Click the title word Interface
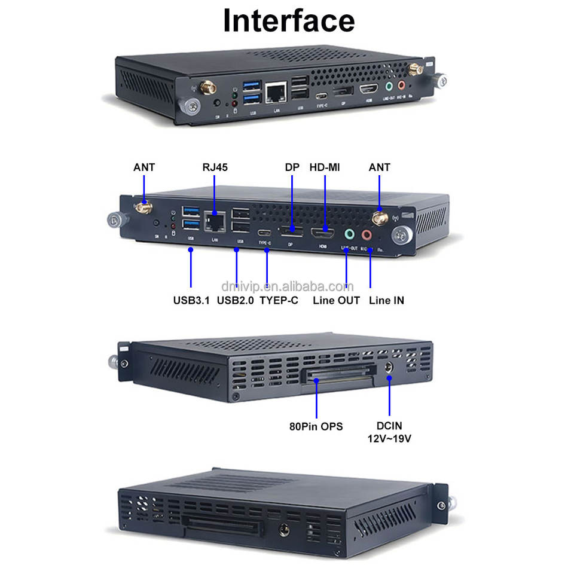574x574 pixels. (289, 20)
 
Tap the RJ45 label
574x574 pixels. (216, 167)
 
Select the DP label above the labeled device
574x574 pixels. (291, 167)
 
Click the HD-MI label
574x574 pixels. (325, 167)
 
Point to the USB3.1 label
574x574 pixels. (191, 300)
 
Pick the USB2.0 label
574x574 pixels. (236, 300)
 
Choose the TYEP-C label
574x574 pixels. (279, 300)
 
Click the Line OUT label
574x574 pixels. (336, 300)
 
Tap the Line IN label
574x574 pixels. (386, 300)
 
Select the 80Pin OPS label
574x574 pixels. (316, 427)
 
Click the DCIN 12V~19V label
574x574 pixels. (390, 432)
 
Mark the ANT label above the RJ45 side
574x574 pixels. (144, 167)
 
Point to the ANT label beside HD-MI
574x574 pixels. (379, 167)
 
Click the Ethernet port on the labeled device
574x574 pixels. (213, 222)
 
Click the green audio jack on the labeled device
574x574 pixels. (349, 234)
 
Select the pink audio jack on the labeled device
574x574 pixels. (367, 236)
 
